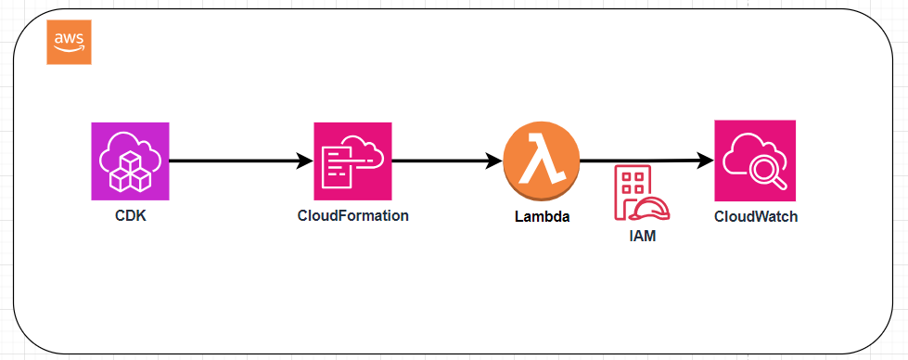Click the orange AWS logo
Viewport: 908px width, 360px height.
69,42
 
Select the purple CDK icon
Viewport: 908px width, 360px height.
130,161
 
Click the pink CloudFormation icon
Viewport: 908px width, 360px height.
352,161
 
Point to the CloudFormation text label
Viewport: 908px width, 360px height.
352,215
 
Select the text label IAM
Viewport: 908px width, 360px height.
642,237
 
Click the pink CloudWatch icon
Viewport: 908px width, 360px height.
755,161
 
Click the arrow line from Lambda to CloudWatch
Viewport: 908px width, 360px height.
640,161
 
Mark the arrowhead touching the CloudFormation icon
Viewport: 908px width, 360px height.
305,161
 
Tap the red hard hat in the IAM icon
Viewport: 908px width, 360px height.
655,209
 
